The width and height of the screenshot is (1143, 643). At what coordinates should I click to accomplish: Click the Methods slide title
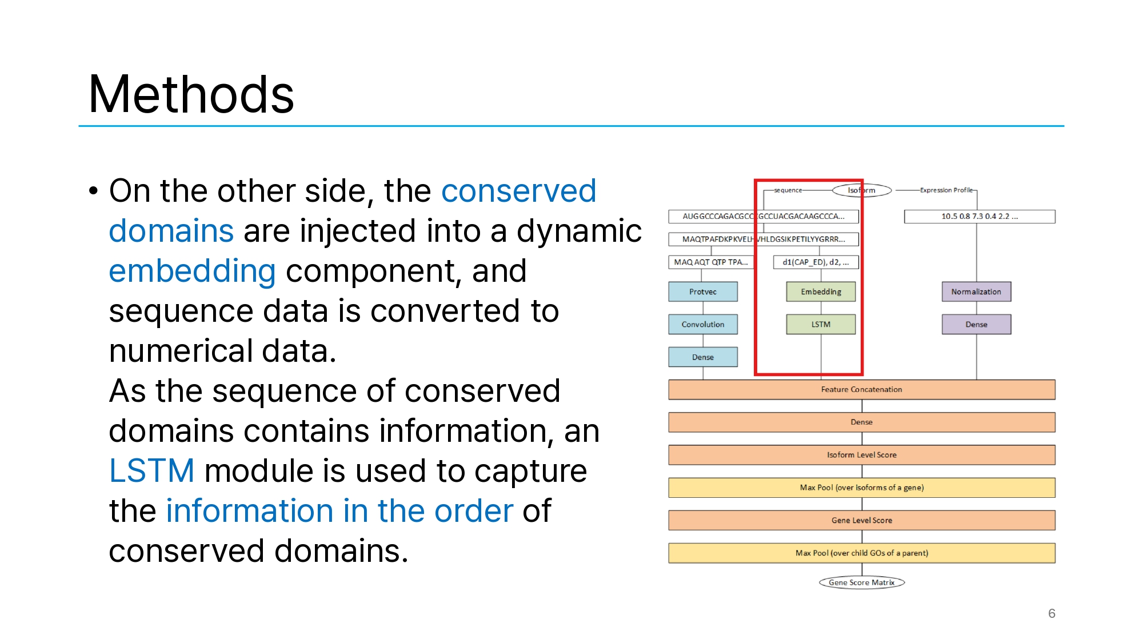[191, 94]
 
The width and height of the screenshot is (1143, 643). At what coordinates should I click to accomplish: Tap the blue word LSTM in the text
[151, 471]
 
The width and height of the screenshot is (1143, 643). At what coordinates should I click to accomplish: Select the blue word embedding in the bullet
[192, 271]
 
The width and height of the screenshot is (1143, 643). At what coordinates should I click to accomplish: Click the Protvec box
[702, 291]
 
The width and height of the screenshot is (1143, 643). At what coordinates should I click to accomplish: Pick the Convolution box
[702, 324]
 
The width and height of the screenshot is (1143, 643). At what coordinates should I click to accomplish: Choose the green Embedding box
[821, 291]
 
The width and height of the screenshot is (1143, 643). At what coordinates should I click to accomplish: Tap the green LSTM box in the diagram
[821, 324]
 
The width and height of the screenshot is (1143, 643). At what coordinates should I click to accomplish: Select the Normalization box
[976, 291]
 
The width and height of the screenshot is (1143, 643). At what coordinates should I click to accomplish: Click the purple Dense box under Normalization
[976, 324]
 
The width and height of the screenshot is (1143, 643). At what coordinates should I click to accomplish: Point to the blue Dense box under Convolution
[702, 357]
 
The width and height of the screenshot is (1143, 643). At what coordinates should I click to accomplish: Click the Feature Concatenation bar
[861, 389]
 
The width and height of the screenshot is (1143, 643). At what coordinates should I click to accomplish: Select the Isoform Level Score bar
[861, 455]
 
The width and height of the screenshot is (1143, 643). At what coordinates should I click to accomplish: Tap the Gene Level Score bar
[861, 520]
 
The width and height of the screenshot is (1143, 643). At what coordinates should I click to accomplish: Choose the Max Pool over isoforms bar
[861, 488]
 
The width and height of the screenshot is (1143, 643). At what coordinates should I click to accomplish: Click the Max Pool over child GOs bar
[861, 553]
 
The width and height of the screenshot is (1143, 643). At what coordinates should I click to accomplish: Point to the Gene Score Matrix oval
[861, 582]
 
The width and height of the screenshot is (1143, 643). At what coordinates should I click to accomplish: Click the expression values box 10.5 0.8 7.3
[979, 216]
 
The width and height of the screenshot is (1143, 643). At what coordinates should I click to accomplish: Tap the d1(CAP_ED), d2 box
[816, 262]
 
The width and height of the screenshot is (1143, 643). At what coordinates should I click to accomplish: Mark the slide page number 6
[1052, 613]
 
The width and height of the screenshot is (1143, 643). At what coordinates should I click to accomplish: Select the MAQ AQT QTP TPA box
[710, 262]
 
